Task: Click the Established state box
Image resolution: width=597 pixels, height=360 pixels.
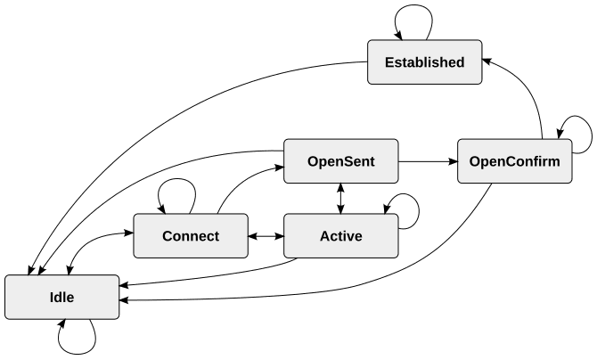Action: pos(424,62)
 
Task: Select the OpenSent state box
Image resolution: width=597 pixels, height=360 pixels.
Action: pos(341,161)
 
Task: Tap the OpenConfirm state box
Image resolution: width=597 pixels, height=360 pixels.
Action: pos(515,161)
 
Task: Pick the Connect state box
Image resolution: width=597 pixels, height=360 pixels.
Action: pos(191,236)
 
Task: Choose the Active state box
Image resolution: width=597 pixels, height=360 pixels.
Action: pos(341,236)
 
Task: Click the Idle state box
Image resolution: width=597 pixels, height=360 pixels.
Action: pos(62,297)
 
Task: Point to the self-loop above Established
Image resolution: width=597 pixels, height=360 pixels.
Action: pos(413,5)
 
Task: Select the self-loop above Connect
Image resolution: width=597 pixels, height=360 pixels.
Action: pos(177,179)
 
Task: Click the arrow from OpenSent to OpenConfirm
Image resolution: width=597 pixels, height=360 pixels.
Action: pos(428,161)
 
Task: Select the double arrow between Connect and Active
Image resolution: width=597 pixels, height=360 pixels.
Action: pos(266,236)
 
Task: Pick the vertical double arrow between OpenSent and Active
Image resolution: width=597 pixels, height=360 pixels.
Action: pos(340,199)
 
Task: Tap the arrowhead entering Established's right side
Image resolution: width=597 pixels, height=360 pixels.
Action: pos(487,61)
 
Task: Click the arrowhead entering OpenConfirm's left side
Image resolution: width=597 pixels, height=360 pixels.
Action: pos(453,161)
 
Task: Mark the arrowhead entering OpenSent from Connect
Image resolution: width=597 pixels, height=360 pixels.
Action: pos(280,167)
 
